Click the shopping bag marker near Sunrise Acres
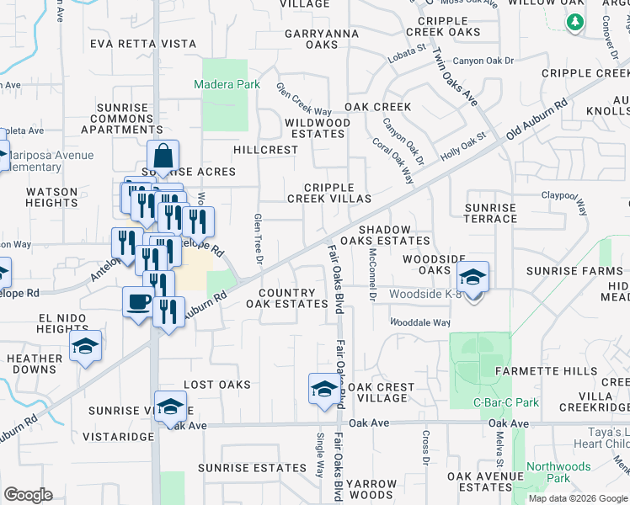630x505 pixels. click(163, 156)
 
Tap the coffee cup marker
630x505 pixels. click(137, 301)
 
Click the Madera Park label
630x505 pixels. click(227, 85)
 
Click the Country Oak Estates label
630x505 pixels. click(286, 298)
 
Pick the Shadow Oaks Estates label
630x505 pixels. click(385, 235)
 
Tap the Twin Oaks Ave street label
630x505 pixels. click(455, 76)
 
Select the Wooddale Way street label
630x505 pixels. click(419, 322)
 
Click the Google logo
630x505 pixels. click(28, 495)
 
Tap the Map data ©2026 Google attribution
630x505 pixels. click(578, 498)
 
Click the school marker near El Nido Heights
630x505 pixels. click(85, 346)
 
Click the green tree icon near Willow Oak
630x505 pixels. click(575, 21)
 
